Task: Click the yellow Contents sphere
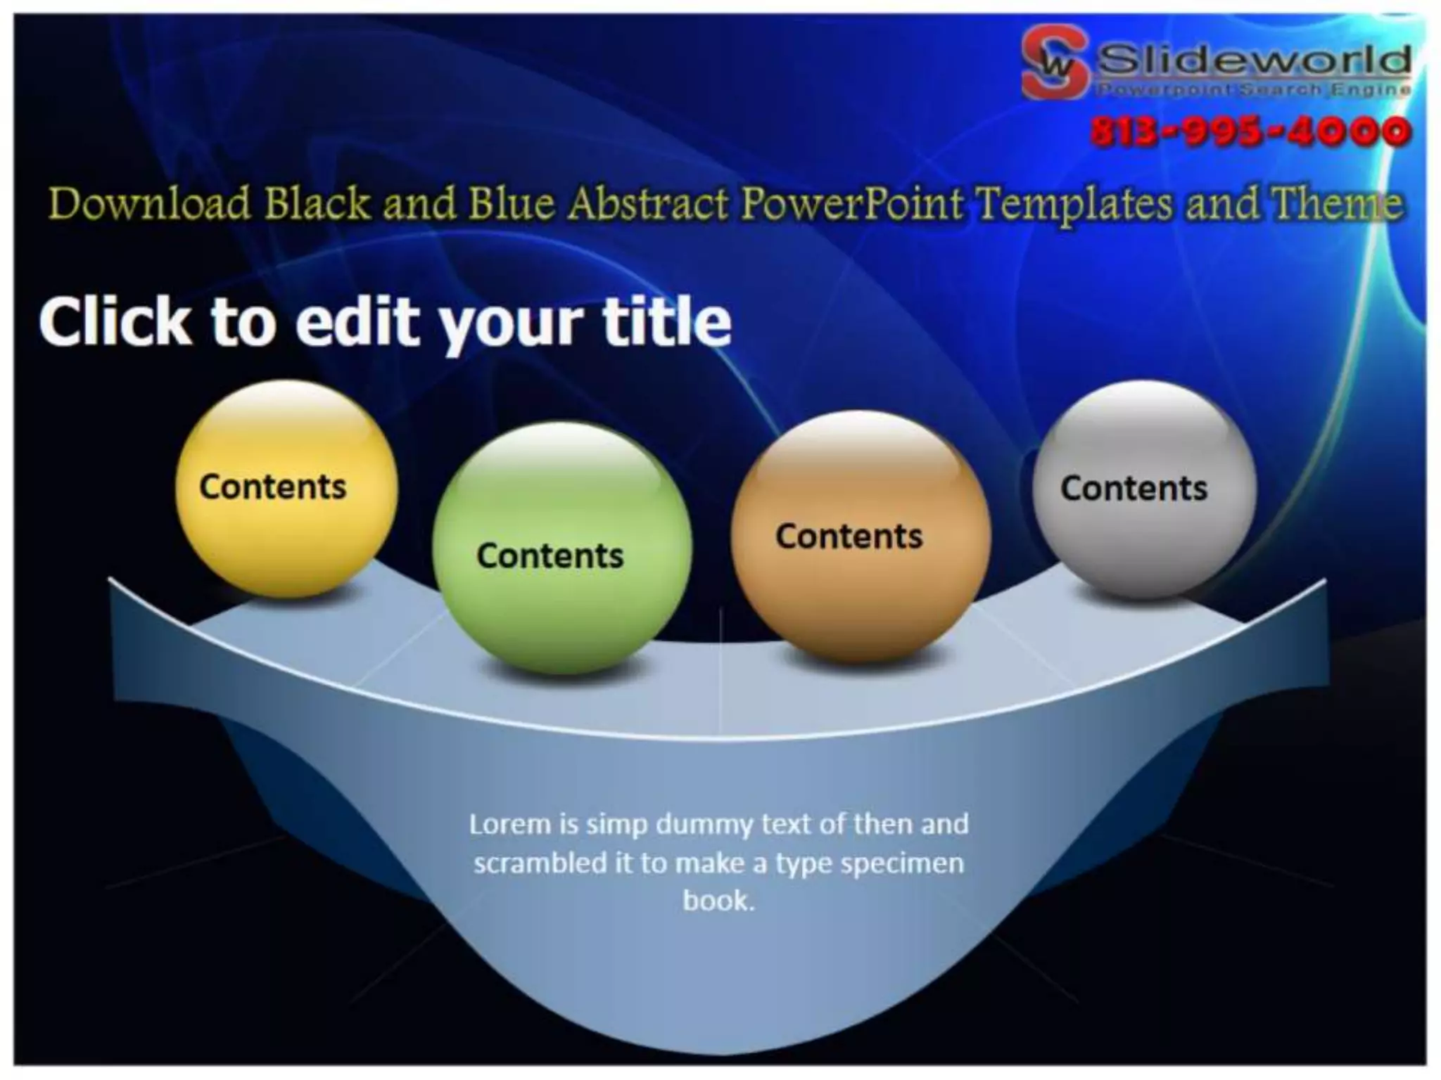tap(286, 489)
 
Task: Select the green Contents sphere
tap(561, 548)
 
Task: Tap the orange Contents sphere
tap(860, 537)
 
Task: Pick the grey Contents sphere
tap(1144, 489)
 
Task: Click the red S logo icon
tap(1053, 62)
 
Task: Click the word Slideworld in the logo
tap(1254, 59)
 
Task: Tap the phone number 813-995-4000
tap(1250, 131)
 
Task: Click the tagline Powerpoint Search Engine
tap(1254, 89)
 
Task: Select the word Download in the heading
tap(150, 204)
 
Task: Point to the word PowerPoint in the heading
tap(852, 204)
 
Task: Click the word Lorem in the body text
tap(509, 823)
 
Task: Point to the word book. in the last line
tap(718, 900)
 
